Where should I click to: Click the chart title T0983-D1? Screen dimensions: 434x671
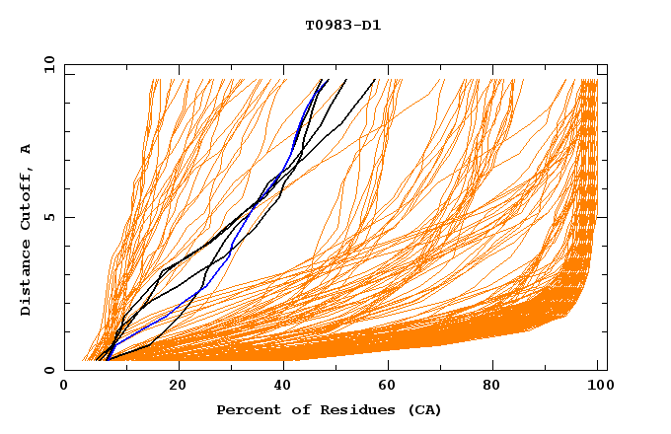point(342,25)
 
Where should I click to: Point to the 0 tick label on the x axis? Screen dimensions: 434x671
point(64,388)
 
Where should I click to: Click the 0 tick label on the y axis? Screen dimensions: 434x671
point(49,370)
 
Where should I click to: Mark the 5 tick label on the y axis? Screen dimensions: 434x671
point(49,217)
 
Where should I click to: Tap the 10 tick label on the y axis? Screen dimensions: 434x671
point(46,64)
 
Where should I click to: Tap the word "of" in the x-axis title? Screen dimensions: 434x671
point(291,409)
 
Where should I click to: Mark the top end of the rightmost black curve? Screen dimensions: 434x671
point(375,80)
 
